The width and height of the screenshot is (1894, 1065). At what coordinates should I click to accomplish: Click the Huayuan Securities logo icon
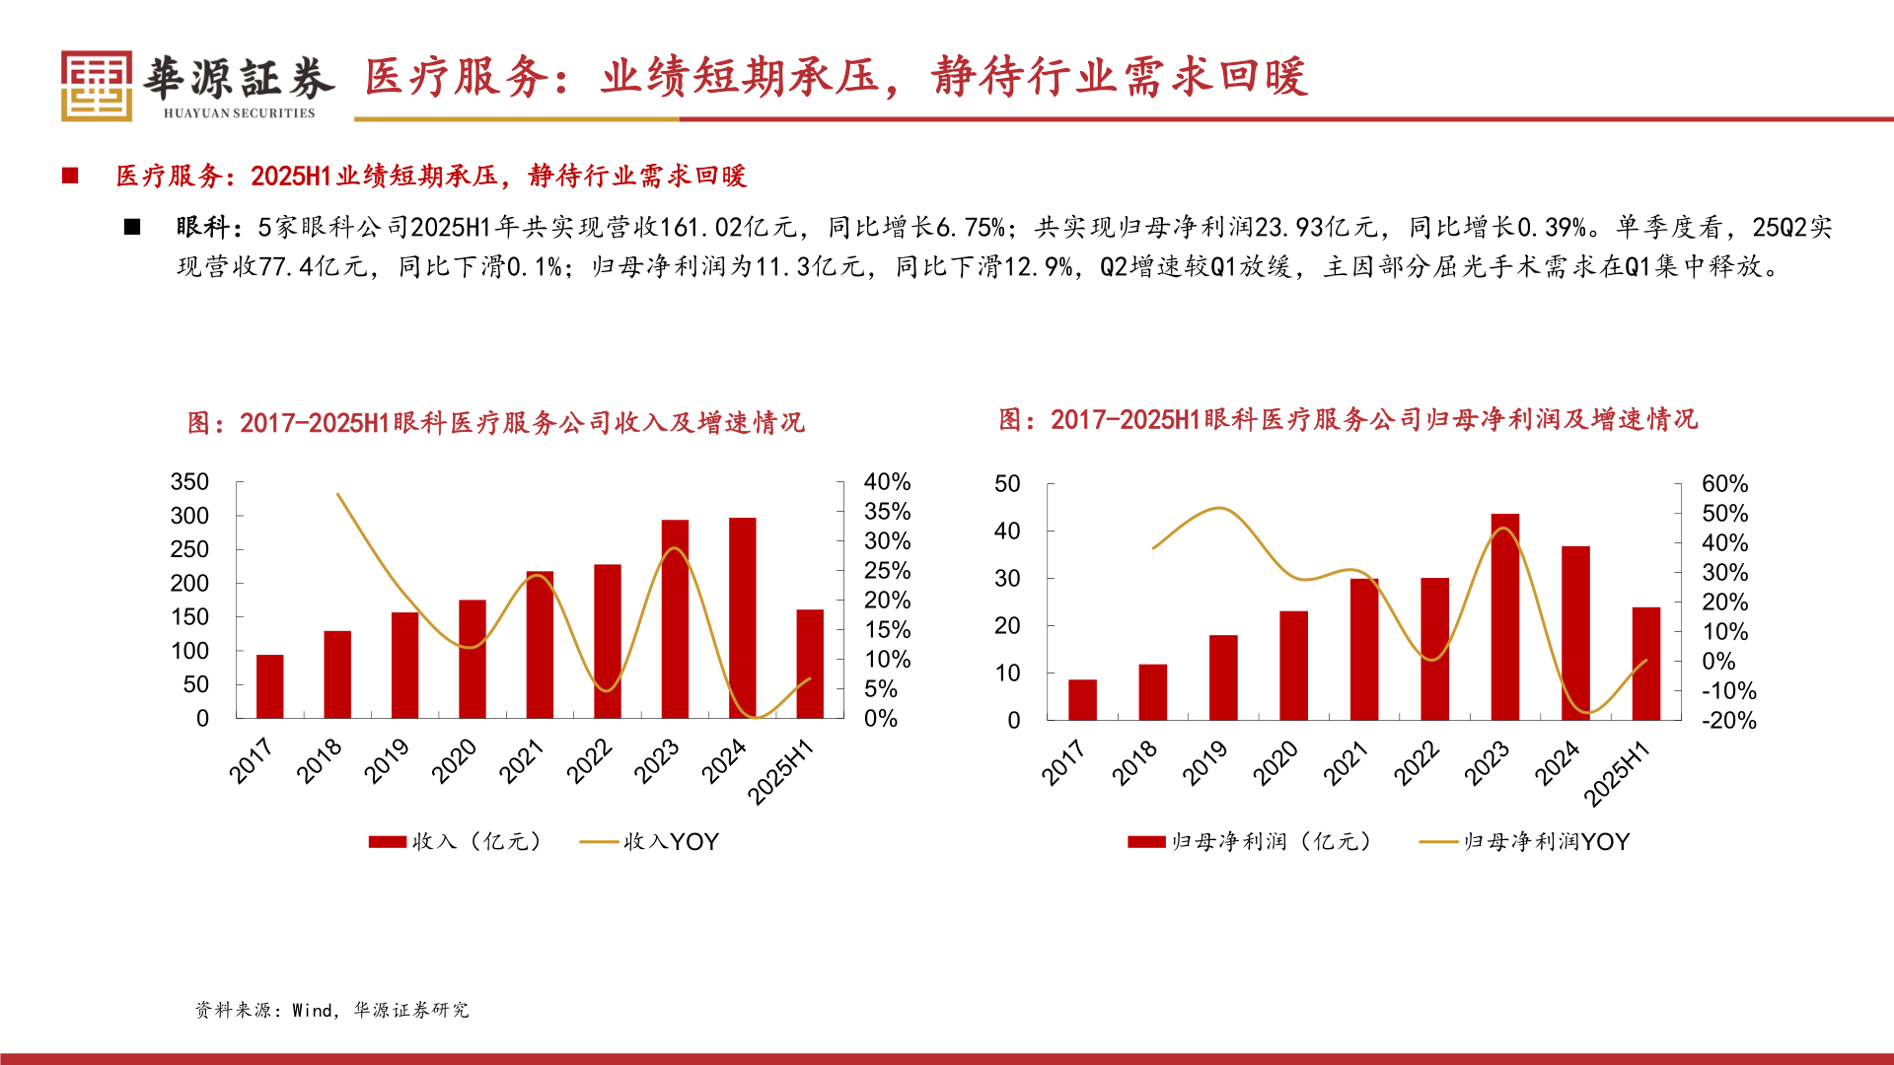[96, 86]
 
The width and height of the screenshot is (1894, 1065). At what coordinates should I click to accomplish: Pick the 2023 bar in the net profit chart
[1504, 617]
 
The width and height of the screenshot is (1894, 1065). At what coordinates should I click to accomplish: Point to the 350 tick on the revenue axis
[189, 482]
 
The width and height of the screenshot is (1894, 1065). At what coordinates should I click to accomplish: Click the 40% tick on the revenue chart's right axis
[887, 482]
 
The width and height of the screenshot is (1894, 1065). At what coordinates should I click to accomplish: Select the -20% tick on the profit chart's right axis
[1728, 721]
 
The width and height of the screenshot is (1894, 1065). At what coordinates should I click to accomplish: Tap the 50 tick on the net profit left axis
[1007, 484]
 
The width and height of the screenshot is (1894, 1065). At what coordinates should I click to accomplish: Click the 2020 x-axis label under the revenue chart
[454, 761]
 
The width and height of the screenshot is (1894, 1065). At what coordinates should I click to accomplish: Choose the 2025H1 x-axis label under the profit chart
[1617, 774]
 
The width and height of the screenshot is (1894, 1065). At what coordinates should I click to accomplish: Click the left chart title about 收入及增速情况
[496, 423]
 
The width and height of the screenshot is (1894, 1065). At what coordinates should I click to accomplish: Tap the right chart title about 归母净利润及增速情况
[1348, 420]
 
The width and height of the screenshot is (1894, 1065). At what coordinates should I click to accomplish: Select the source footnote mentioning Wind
[331, 1010]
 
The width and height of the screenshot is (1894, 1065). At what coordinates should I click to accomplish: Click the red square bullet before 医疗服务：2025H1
[70, 176]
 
